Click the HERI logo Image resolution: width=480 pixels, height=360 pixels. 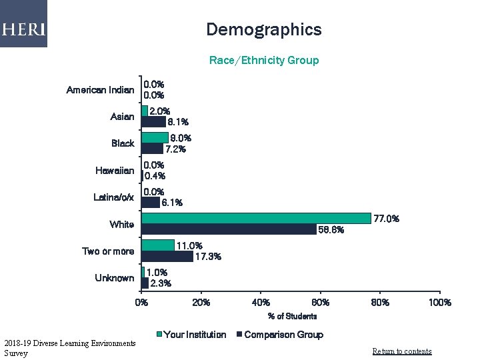[23, 29]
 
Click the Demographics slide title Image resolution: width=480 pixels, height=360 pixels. [263, 30]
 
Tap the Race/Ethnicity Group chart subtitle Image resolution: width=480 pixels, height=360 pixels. [264, 61]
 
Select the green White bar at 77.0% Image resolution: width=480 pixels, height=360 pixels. [257, 218]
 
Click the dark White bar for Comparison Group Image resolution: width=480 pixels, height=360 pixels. [229, 229]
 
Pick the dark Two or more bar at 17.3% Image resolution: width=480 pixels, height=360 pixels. [167, 256]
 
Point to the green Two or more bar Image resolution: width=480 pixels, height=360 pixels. [158, 245]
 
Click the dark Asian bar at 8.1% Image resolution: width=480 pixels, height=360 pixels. [154, 122]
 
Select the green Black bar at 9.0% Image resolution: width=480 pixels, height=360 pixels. [155, 137]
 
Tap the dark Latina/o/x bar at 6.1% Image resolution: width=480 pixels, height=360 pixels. [151, 203]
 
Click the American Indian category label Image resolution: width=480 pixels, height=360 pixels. [100, 90]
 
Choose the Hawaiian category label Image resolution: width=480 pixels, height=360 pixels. [115, 171]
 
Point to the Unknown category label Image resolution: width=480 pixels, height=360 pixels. [114, 278]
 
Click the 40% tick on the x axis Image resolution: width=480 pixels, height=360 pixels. [261, 303]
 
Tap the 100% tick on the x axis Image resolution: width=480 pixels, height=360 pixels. [439, 303]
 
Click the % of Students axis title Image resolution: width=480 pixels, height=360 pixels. [292, 316]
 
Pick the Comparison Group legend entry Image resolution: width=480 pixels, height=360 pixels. [283, 335]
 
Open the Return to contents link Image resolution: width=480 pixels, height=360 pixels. [401, 351]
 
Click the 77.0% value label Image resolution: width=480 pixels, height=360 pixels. [387, 219]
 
